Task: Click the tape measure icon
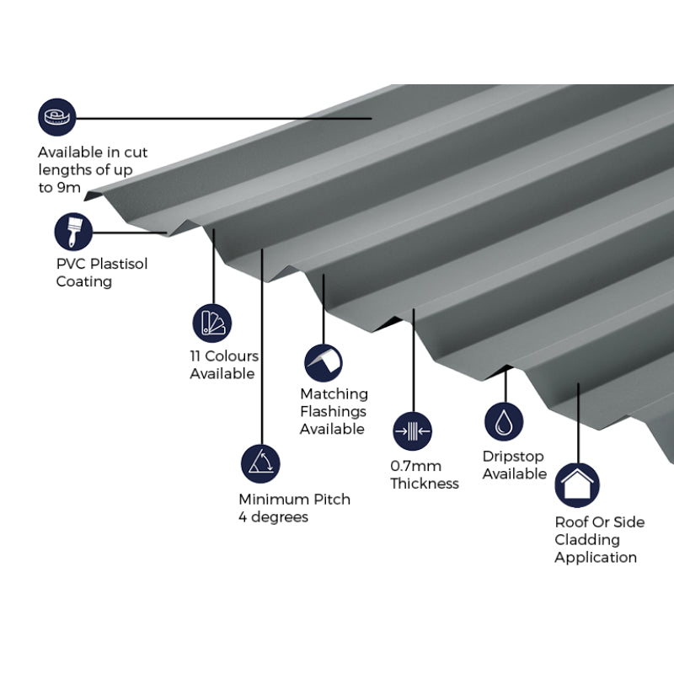(x=56, y=118)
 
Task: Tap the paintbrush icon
(x=73, y=232)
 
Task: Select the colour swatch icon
(x=211, y=324)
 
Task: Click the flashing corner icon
(x=324, y=363)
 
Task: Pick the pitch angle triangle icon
(x=259, y=463)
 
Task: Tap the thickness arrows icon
(x=413, y=431)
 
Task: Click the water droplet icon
(x=504, y=421)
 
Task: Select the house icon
(x=577, y=484)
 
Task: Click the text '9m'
(x=70, y=188)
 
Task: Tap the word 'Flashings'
(x=333, y=411)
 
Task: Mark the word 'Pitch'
(x=331, y=499)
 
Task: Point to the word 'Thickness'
(x=425, y=484)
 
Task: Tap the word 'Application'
(x=596, y=557)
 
